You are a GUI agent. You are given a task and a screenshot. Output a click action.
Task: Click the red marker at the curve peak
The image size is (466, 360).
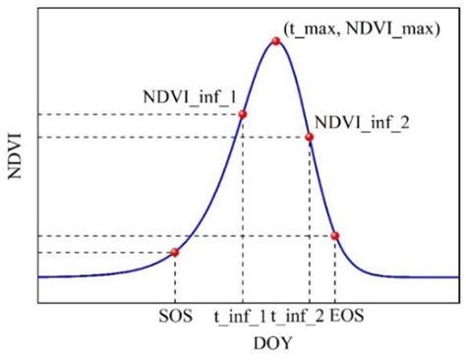point(276,41)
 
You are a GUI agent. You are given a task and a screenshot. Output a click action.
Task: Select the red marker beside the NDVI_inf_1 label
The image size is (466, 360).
point(243,114)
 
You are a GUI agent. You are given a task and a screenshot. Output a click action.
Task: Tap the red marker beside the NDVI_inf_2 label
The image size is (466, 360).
point(310,137)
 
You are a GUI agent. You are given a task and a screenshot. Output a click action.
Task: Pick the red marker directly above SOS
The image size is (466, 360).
point(175,253)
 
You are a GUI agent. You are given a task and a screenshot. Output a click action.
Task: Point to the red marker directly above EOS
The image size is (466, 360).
point(335,236)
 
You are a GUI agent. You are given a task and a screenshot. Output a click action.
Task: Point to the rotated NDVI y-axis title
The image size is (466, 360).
point(14,153)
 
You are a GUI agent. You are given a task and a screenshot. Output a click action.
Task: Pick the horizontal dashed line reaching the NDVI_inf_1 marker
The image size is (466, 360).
point(138,114)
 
